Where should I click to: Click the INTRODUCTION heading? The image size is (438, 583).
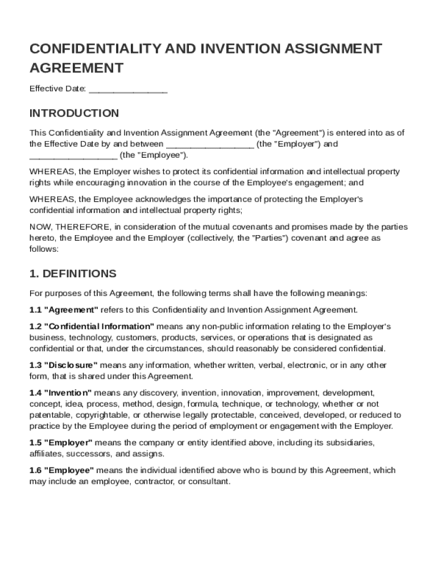74,113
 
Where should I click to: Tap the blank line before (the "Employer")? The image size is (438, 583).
210,145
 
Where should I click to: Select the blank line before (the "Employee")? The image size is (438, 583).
73,155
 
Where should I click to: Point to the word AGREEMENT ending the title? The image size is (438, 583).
76,68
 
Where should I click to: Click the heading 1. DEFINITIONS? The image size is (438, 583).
73,274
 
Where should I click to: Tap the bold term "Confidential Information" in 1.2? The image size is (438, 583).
98,327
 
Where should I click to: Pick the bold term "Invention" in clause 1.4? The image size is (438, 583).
68,393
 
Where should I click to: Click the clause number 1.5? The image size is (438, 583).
36,442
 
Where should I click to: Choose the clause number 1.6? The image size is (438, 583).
36,470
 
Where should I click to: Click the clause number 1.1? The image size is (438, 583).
36,310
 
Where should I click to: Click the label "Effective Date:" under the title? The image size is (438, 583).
58,89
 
